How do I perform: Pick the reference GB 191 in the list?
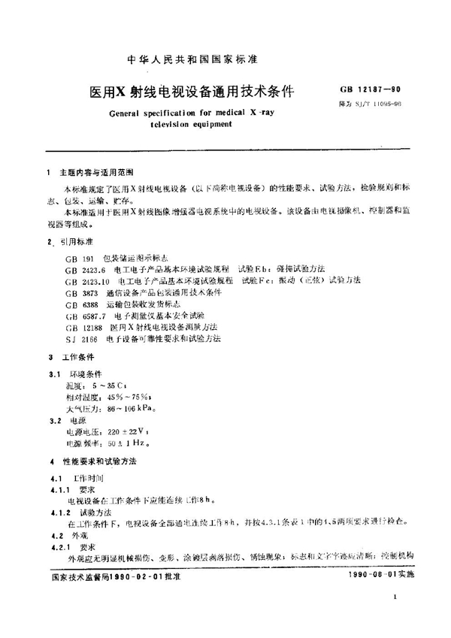81,258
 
